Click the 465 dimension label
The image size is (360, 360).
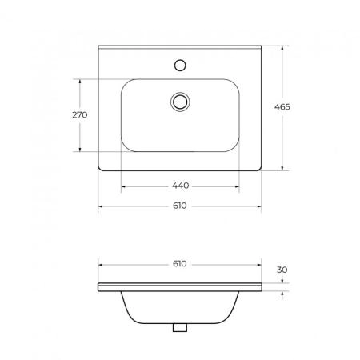point(282,106)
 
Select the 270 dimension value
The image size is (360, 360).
point(80,115)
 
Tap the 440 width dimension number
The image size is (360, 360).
point(181,186)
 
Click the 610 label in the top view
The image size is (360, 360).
point(180,206)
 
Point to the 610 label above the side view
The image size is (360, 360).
point(180,264)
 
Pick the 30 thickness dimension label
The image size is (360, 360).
point(282,270)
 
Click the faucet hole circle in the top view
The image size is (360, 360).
point(180,66)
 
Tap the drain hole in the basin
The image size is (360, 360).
point(180,102)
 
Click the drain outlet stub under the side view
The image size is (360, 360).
point(180,327)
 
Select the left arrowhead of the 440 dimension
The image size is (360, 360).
point(123,186)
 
